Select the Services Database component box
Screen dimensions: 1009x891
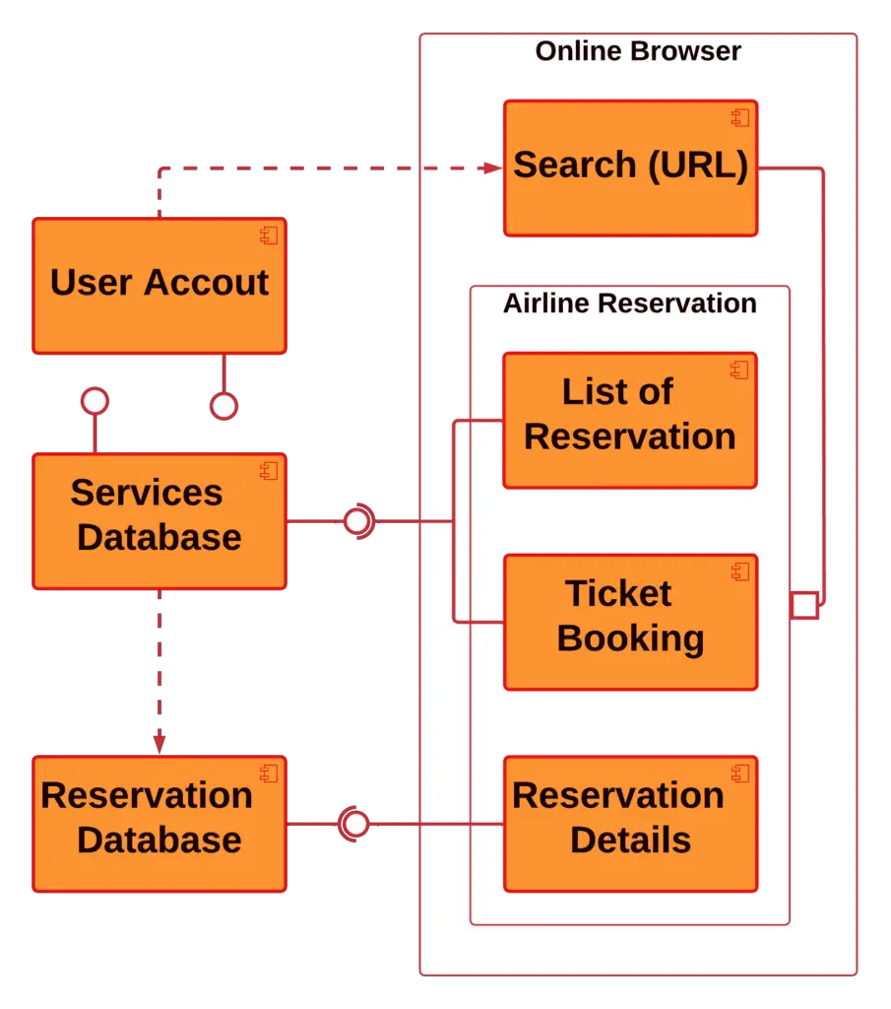(159, 520)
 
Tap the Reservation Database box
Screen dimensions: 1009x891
(159, 823)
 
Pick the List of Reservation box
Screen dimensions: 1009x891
(629, 420)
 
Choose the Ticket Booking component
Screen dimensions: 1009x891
(630, 621)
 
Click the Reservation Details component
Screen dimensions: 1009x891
(630, 823)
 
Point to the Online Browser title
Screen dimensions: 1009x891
(638, 51)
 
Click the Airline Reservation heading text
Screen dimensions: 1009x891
(629, 303)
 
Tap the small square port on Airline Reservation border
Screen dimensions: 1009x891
(804, 605)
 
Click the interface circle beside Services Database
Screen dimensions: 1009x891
(356, 521)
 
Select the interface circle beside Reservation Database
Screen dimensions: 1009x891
(354, 823)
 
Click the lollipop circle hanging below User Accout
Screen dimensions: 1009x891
(224, 406)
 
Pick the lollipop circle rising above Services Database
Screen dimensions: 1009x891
(95, 401)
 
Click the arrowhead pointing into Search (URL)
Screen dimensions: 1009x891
(493, 168)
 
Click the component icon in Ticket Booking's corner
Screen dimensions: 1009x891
(738, 572)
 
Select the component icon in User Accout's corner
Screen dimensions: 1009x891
(268, 235)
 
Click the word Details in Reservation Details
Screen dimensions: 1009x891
(630, 841)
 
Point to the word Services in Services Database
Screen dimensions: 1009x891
(147, 493)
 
